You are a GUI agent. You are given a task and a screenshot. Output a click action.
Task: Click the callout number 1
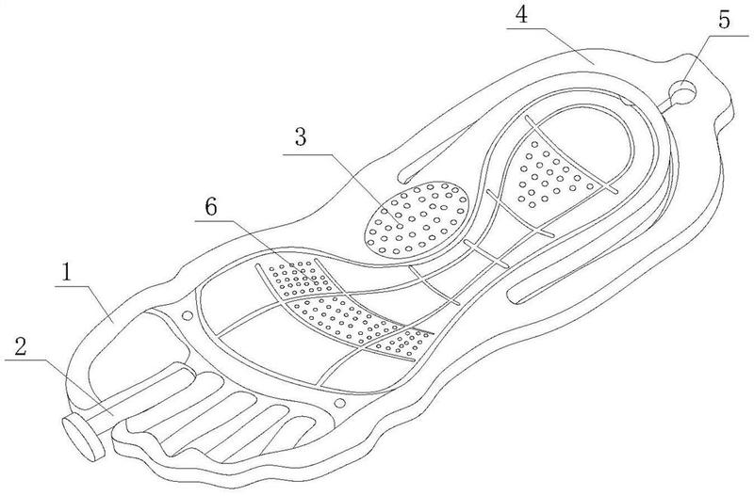point(66,273)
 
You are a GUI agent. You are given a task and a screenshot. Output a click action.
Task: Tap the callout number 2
point(21,346)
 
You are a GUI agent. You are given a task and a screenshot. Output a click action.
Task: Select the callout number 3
point(301,137)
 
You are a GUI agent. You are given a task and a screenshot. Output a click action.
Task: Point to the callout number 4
point(522,15)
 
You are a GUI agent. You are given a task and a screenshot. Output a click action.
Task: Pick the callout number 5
point(724,20)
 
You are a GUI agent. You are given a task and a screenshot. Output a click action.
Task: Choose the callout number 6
point(210,207)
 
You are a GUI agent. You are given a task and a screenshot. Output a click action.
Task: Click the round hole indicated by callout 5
point(682,90)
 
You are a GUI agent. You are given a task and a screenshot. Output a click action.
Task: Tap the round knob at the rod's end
point(83,438)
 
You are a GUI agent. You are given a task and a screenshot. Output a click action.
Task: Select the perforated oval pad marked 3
point(416,218)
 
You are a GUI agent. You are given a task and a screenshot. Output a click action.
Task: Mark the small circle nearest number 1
point(187,316)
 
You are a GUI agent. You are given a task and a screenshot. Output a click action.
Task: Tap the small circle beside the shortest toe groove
point(339,403)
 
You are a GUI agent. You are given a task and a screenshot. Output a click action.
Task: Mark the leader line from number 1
point(83,302)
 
